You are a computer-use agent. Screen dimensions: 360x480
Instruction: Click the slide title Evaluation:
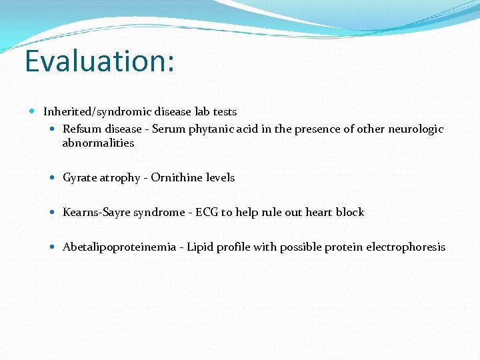coord(99,61)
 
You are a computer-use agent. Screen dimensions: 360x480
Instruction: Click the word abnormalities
coord(98,143)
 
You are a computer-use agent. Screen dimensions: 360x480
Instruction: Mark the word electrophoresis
coord(405,247)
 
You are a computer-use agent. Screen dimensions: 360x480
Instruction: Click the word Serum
coord(168,129)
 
